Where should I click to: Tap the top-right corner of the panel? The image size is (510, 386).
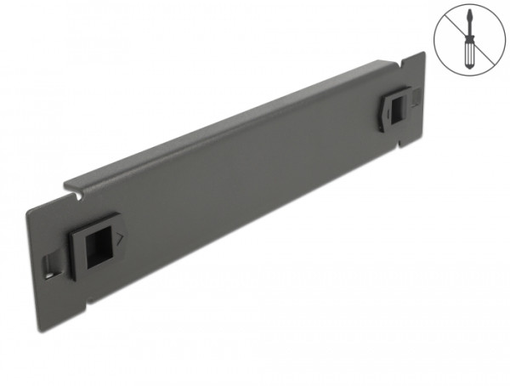[x=422, y=53]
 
